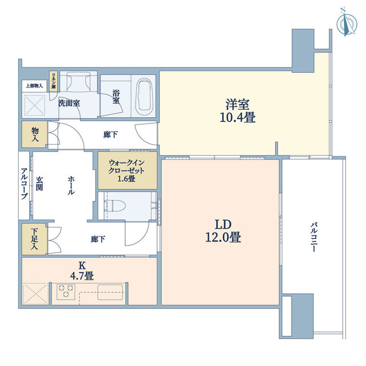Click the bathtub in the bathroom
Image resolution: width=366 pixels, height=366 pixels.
tap(145, 97)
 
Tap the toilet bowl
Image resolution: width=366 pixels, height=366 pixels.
tap(116, 206)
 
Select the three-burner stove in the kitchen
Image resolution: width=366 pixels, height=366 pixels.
tap(66, 292)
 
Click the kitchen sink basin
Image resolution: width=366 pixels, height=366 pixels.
tap(110, 292)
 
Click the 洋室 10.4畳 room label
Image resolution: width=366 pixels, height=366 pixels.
tap(238, 111)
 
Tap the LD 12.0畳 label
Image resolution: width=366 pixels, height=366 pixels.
tap(223, 231)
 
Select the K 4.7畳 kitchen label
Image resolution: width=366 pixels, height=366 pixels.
tap(82, 270)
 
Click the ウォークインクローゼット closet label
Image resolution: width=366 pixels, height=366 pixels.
tap(126, 170)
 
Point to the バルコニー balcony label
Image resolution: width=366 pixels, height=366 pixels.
tap(313, 237)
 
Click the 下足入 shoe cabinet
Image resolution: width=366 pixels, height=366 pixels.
tap(34, 239)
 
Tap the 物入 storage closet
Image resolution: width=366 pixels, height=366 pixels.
tap(34, 134)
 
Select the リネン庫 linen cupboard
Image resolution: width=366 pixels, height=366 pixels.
tap(54, 81)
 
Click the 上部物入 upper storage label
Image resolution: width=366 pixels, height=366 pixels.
tap(34, 86)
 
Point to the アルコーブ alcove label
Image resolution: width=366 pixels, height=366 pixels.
tap(24, 184)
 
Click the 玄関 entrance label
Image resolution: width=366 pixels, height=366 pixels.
tap(39, 184)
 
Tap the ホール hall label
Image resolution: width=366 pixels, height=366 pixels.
tap(71, 185)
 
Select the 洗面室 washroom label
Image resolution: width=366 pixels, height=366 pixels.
tap(69, 103)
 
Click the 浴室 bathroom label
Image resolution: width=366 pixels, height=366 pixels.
tap(116, 97)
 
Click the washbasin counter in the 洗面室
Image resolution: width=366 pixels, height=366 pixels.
tap(78, 81)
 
